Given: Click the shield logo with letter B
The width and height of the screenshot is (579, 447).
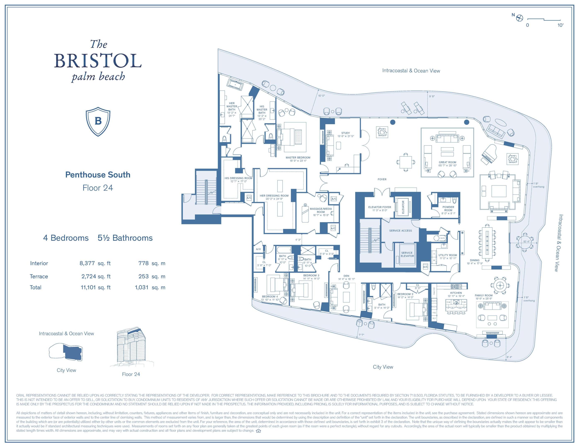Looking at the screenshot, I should pos(98,121).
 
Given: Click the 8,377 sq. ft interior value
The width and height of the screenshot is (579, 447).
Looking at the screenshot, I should pos(95,263).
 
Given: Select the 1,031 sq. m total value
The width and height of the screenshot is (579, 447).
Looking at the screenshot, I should pos(150,287).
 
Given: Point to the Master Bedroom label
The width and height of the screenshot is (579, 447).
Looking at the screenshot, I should pos(298,157).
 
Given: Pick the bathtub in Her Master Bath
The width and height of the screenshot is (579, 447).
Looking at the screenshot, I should pos(236,85).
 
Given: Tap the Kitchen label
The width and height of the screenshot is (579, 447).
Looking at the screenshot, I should pos(456,293).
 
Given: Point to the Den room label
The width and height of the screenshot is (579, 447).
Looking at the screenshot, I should pos(346,276).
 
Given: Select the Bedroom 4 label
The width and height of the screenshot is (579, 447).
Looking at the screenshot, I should pos(270,297).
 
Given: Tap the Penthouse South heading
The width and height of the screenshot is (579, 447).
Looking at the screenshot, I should pos(98,175).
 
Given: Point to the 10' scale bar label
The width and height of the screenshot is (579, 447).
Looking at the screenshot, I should pos(560,25).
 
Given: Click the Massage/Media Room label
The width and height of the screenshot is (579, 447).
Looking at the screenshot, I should pos(320,210).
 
